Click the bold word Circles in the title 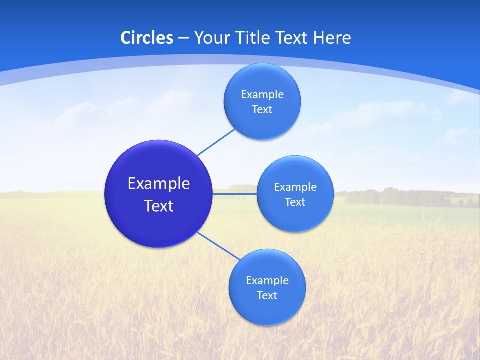coord(146,38)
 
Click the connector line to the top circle coord(216,142)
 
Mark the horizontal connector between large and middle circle coord(235,193)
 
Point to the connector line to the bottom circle coord(218,246)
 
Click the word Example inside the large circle coord(159,183)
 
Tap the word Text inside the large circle coord(159,206)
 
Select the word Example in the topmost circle coord(262,95)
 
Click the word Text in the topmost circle coord(262,110)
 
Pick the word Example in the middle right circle coord(295,187)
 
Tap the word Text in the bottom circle coord(267,296)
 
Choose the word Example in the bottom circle coord(267,281)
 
